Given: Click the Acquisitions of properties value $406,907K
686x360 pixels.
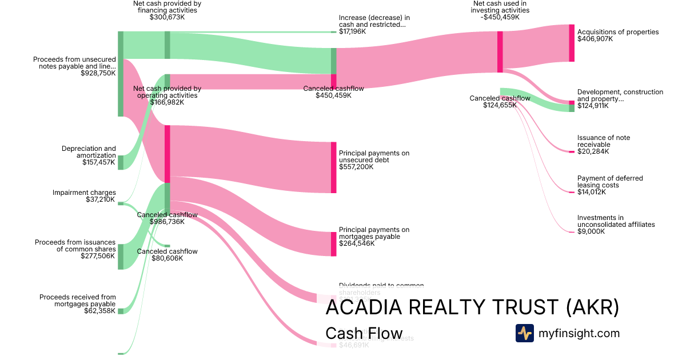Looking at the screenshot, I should pyautogui.click(x=595, y=39).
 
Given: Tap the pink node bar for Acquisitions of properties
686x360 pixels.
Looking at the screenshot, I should pyautogui.click(x=572, y=43).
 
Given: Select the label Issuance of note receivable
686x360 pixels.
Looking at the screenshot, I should pyautogui.click(x=604, y=141).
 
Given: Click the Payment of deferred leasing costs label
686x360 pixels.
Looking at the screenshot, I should pyautogui.click(x=610, y=182).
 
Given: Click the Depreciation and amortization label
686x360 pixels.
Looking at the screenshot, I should pyautogui.click(x=89, y=152).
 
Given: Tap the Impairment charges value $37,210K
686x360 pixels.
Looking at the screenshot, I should pyautogui.click(x=101, y=199).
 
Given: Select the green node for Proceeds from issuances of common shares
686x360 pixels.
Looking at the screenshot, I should pyautogui.click(x=121, y=257).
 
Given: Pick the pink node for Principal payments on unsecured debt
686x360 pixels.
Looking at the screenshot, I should pyautogui.click(x=334, y=167).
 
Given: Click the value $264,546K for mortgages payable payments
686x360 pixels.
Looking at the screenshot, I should pyautogui.click(x=357, y=243).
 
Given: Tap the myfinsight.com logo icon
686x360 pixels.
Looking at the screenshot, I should pyautogui.click(x=524, y=333).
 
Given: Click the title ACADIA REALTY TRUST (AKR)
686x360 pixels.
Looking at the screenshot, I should pyautogui.click(x=472, y=308).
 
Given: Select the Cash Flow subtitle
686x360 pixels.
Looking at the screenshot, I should pyautogui.click(x=364, y=334).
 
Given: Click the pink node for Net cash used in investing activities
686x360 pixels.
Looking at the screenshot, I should pyautogui.click(x=500, y=52).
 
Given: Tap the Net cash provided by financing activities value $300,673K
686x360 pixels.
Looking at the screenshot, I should pyautogui.click(x=167, y=17).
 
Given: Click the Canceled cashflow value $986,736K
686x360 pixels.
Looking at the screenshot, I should pyautogui.click(x=167, y=222).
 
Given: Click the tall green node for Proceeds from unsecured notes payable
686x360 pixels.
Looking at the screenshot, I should pyautogui.click(x=121, y=74).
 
